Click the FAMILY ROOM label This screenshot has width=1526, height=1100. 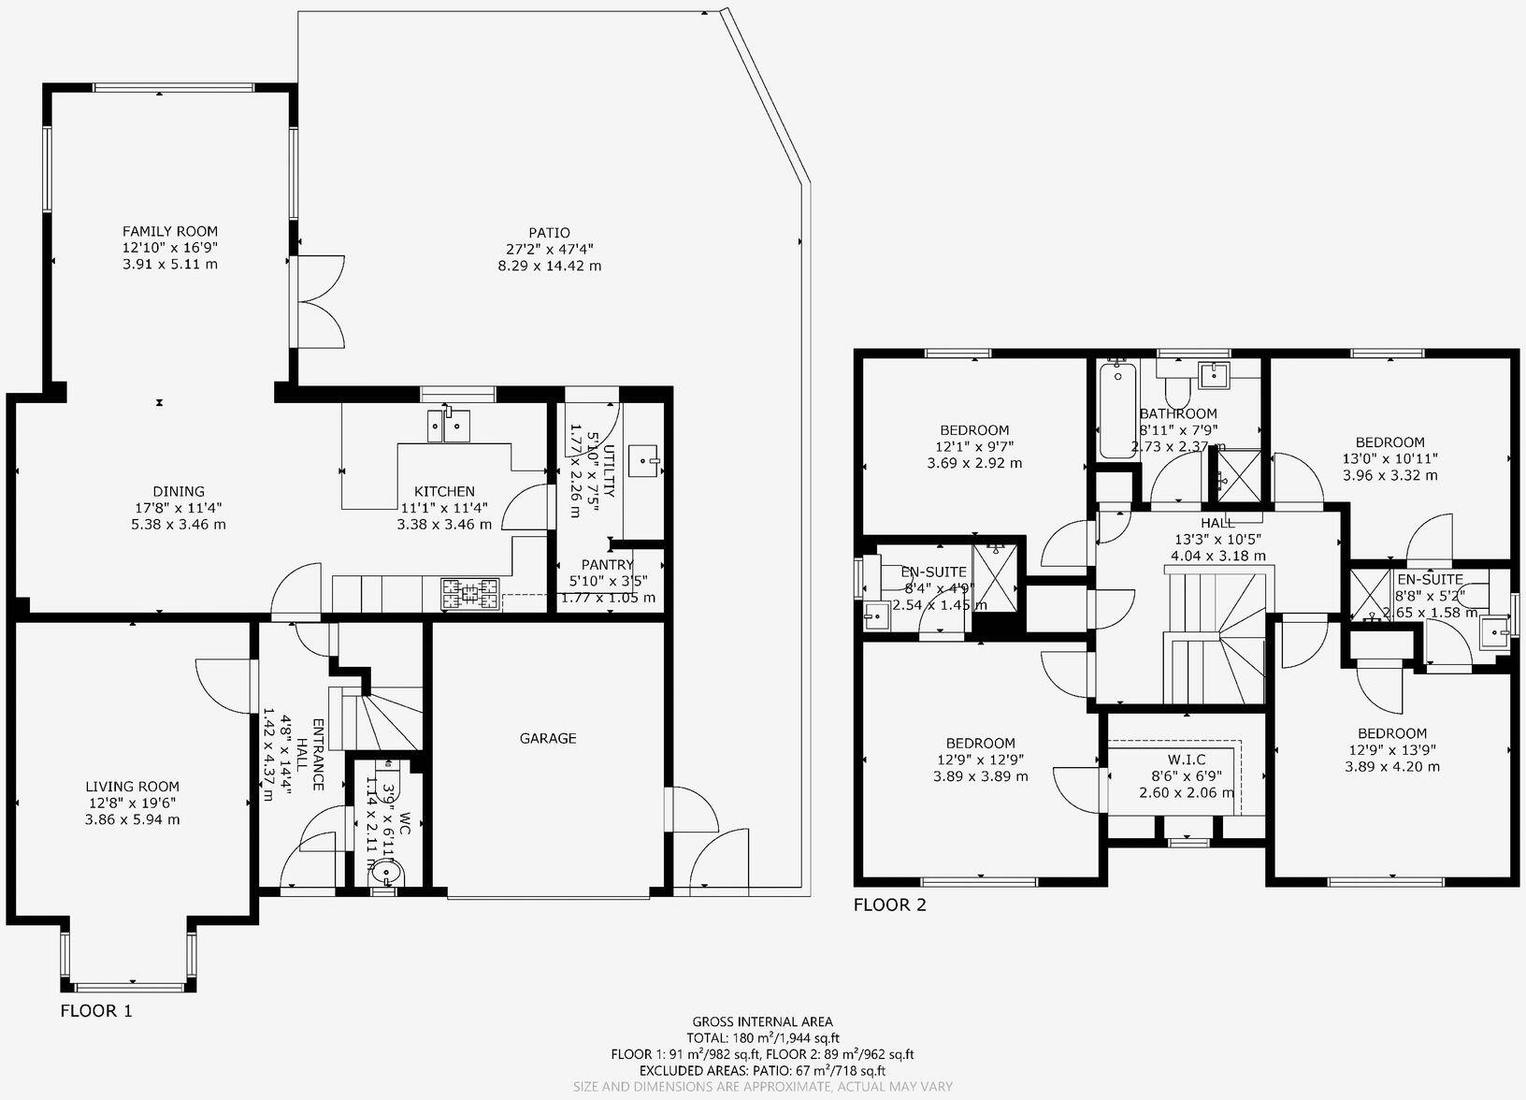(x=170, y=231)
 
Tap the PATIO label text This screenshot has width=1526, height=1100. (x=549, y=233)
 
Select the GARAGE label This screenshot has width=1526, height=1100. (x=548, y=738)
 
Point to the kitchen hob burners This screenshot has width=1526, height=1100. (x=471, y=593)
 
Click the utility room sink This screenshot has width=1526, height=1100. (x=645, y=459)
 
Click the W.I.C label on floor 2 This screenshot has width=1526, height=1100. (x=1186, y=760)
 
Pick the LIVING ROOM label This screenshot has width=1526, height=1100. (x=133, y=787)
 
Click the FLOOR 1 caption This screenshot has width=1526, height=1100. (x=96, y=1010)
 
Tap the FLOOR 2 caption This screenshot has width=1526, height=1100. (x=889, y=905)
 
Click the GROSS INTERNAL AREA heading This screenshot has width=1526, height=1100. (x=762, y=1021)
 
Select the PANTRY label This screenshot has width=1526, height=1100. (x=608, y=564)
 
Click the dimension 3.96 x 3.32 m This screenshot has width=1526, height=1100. (x=1389, y=475)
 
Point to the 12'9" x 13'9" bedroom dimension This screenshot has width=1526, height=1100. (x=1391, y=749)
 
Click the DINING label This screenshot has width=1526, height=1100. (x=179, y=491)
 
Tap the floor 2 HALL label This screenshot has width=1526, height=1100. (x=1217, y=522)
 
